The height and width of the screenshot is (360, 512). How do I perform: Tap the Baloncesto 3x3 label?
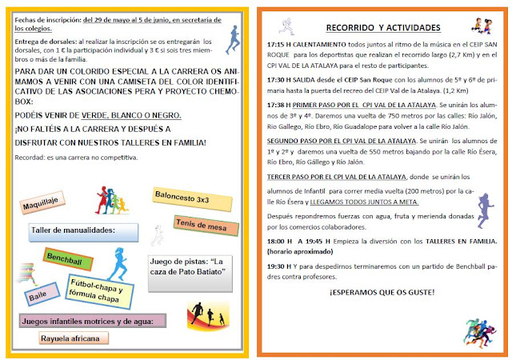pos(182,197)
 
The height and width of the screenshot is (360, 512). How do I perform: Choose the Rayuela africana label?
pos(73,338)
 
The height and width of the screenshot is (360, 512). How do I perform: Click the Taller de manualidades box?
pos(85,232)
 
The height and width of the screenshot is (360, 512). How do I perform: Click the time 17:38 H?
pos(279,103)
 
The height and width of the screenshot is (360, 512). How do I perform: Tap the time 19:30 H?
pos(279,266)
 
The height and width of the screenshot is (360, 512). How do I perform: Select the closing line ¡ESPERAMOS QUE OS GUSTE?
pos(382,292)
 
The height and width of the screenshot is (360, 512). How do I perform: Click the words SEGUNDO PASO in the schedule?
pos(296,139)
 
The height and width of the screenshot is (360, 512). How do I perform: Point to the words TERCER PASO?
pos(293,175)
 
